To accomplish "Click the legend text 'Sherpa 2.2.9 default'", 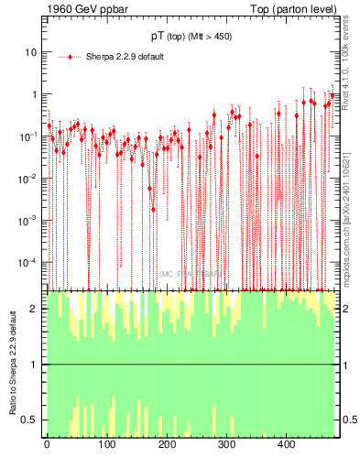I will (x=125, y=57).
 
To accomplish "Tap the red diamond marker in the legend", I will (x=71, y=57).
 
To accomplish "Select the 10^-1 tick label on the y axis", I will (x=29, y=136).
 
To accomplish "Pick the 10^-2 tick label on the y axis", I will (x=29, y=178).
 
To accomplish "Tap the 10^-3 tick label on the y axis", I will (x=29, y=220).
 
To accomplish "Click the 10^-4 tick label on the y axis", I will (x=29, y=262).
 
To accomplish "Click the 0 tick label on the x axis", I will (x=47, y=445).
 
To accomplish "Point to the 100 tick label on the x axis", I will (x=106, y=445).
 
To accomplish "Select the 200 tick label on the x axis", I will (x=166, y=445).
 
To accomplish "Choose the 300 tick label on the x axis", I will (x=226, y=445).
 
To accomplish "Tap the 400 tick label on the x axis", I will (x=286, y=445).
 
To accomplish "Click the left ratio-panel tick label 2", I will (x=35, y=309).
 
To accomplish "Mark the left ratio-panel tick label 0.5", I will (x=31, y=420).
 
